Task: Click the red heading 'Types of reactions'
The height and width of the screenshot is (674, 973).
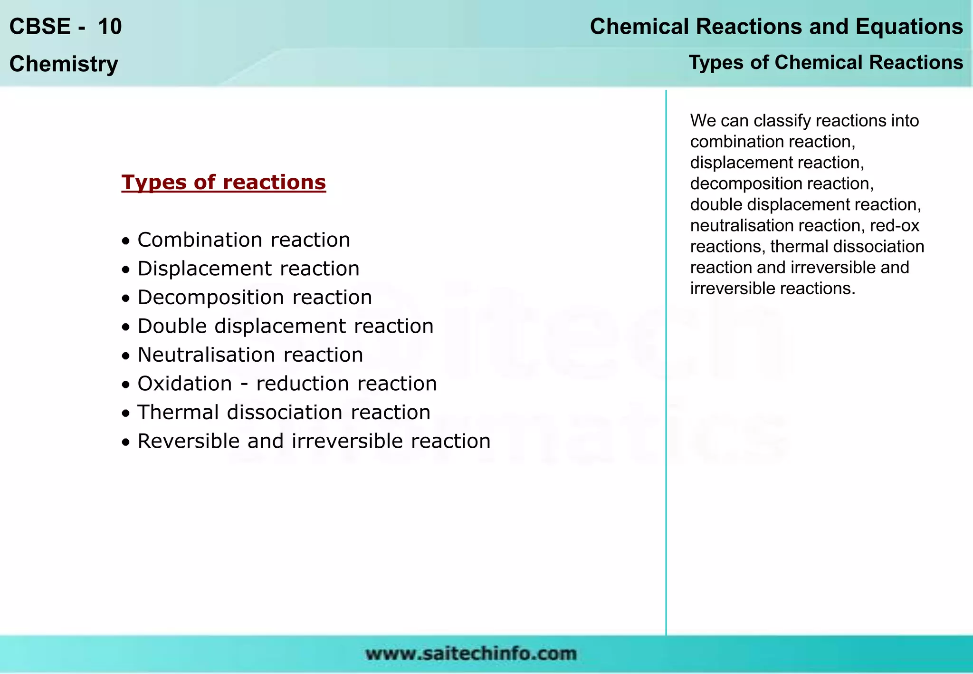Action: point(223,183)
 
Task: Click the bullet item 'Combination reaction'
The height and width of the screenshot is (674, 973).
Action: point(244,240)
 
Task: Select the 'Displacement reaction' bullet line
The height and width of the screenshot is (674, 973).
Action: point(248,269)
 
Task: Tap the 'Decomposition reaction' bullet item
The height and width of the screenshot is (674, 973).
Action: point(255,298)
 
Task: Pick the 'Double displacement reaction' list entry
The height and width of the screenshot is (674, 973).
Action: point(286,327)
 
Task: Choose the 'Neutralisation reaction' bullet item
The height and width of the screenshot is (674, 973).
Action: point(250,355)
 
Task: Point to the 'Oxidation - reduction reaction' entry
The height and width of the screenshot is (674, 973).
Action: point(287,384)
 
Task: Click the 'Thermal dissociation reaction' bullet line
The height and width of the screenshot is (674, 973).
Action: point(284,413)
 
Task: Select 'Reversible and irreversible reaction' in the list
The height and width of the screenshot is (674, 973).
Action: point(314,442)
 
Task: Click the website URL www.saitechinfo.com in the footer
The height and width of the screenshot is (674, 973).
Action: point(471,654)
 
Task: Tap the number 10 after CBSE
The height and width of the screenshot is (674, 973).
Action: point(110,27)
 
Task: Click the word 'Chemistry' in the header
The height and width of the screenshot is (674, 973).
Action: point(64,64)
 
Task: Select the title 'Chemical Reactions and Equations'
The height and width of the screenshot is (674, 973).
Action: point(776,27)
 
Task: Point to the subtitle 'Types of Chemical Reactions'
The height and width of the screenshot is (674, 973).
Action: point(826,63)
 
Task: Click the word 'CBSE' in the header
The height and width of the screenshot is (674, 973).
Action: point(40,27)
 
